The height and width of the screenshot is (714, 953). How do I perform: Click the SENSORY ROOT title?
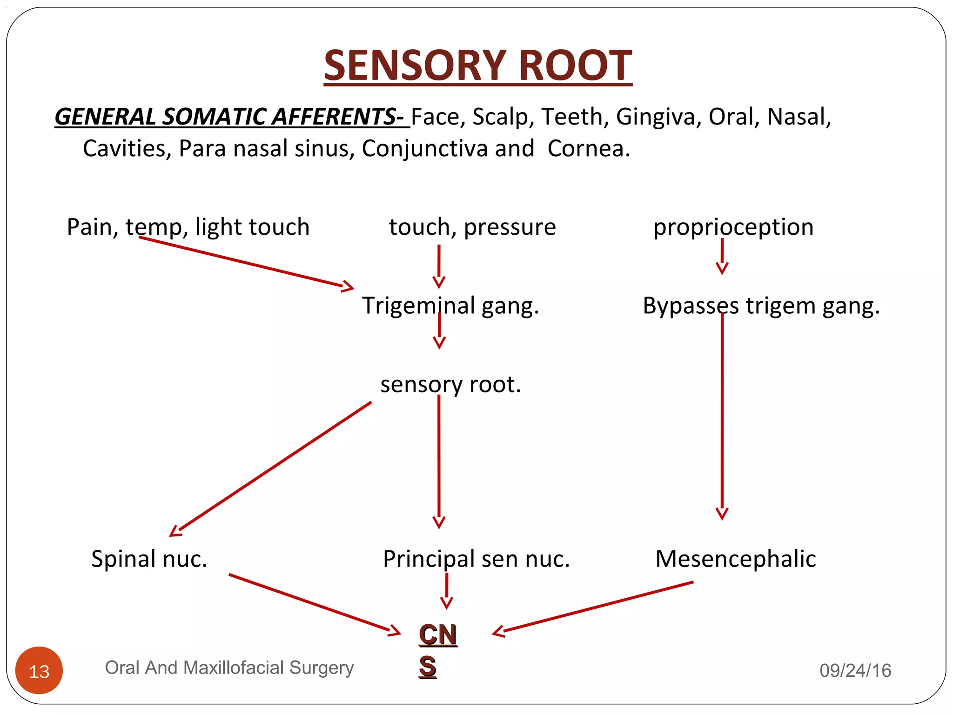(x=478, y=66)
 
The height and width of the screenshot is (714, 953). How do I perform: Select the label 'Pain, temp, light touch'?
(x=188, y=227)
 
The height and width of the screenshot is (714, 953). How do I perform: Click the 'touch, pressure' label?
(x=472, y=227)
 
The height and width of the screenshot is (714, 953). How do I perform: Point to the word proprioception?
(x=733, y=227)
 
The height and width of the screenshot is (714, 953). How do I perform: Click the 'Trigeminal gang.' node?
(x=450, y=306)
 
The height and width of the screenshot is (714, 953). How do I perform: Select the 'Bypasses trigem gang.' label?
(x=761, y=306)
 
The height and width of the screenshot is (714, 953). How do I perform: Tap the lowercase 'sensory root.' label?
(x=450, y=384)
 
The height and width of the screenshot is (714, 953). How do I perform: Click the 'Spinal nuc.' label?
(x=149, y=559)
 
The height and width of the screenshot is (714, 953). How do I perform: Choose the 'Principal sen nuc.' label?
(x=476, y=559)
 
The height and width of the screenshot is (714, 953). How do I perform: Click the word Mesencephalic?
(x=736, y=559)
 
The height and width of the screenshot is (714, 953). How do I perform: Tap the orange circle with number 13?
(x=39, y=670)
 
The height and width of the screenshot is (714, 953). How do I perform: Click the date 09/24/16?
(x=855, y=670)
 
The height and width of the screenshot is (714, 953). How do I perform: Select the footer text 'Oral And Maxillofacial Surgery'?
(x=229, y=668)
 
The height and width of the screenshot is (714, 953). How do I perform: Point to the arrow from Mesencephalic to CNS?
(x=593, y=607)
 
